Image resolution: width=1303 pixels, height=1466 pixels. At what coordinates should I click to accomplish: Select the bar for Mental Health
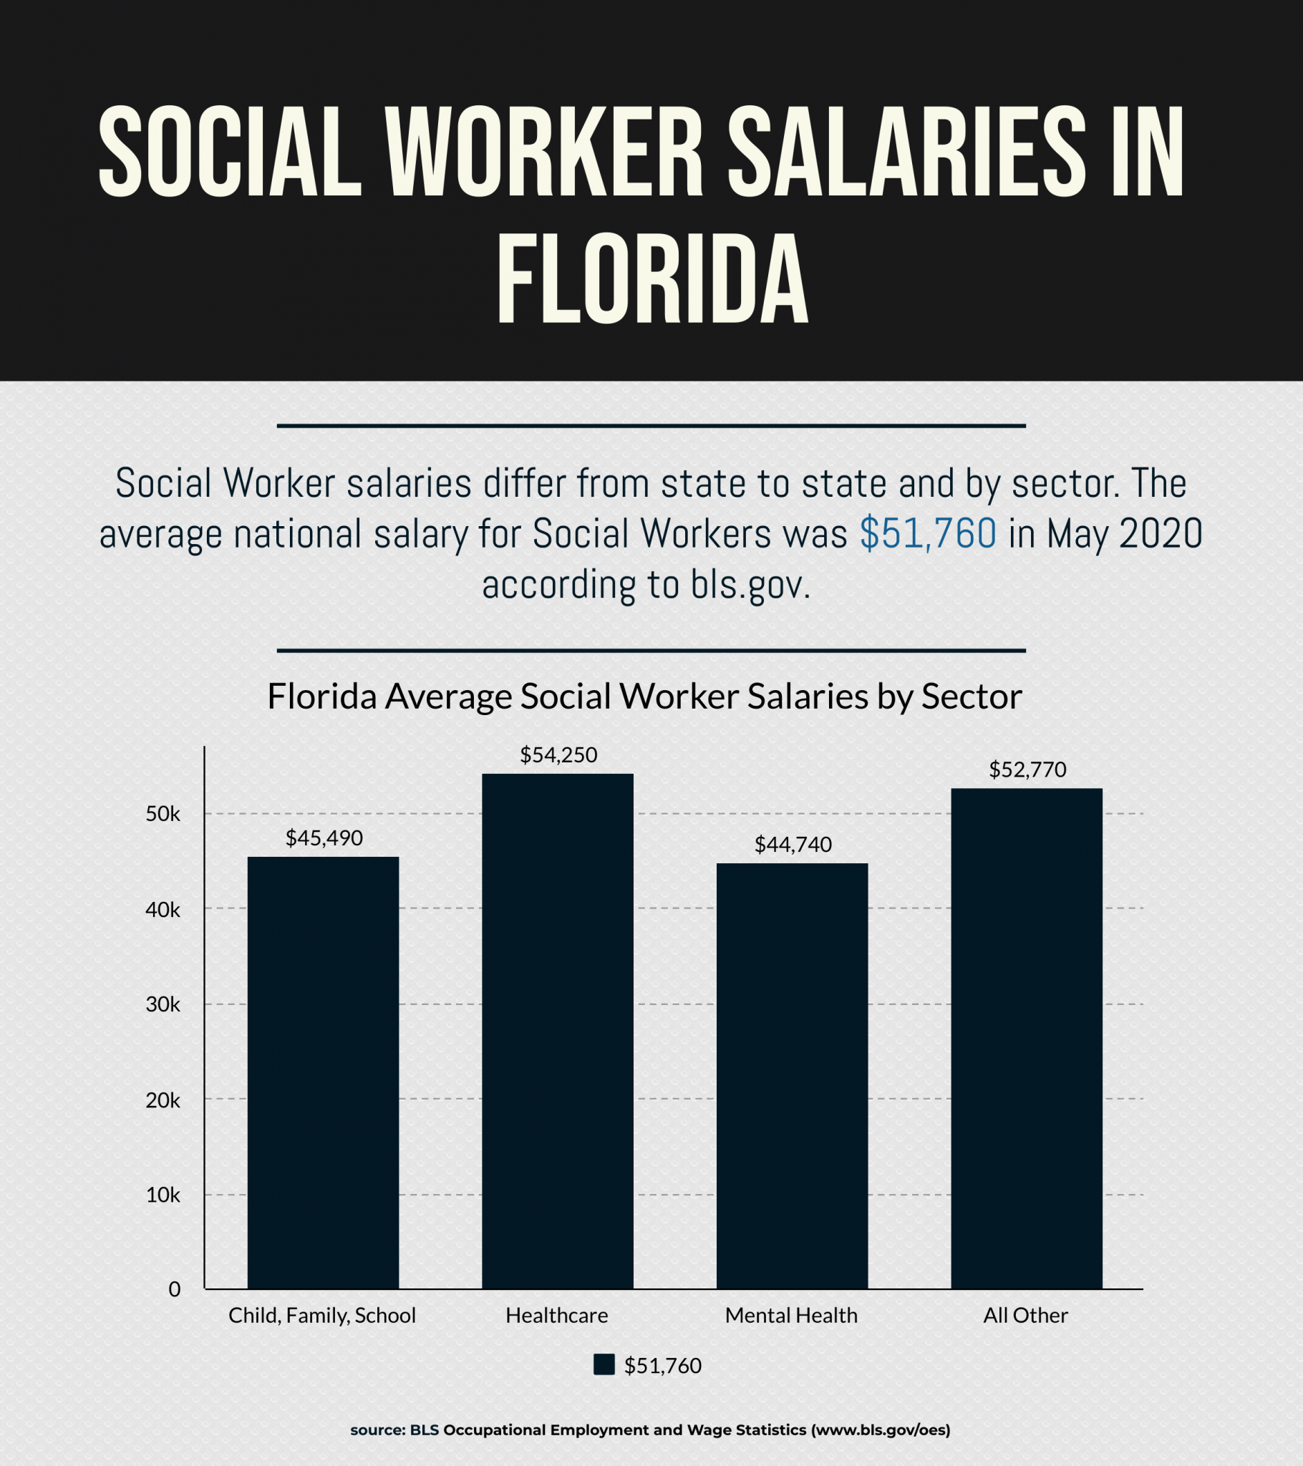pyautogui.click(x=792, y=1076)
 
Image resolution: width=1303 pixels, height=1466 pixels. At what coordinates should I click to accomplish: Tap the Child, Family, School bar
pyautogui.click(x=323, y=1072)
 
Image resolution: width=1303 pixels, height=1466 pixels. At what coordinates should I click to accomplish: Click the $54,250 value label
pyautogui.click(x=558, y=755)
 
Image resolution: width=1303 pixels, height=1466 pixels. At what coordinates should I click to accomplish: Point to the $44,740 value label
pyautogui.click(x=793, y=845)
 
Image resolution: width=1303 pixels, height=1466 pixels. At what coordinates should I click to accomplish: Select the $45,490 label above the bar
pyautogui.click(x=324, y=838)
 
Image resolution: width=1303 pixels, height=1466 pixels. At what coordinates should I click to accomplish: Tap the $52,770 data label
pyautogui.click(x=1027, y=770)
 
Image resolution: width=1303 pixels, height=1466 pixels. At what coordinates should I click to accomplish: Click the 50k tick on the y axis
pyautogui.click(x=163, y=814)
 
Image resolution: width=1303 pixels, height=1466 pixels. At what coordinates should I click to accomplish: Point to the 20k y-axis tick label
pyautogui.click(x=163, y=1100)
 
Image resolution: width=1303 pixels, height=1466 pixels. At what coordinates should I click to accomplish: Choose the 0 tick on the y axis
pyautogui.click(x=175, y=1290)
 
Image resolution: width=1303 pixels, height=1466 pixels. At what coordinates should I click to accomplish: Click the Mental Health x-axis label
pyautogui.click(x=791, y=1316)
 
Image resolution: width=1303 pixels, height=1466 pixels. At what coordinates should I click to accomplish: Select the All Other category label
pyautogui.click(x=1025, y=1316)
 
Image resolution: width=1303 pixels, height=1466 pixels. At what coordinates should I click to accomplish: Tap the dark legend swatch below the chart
pyautogui.click(x=604, y=1365)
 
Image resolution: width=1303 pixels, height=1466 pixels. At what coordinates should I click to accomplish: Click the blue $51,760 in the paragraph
pyautogui.click(x=928, y=533)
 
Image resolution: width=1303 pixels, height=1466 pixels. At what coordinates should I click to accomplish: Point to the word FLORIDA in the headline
pyautogui.click(x=652, y=280)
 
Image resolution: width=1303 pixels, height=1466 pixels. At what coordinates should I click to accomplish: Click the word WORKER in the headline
pyautogui.click(x=544, y=152)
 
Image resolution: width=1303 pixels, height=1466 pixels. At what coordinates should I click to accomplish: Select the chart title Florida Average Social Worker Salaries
pyautogui.click(x=644, y=696)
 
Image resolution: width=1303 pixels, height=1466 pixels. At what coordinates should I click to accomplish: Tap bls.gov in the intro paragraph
pyautogui.click(x=750, y=585)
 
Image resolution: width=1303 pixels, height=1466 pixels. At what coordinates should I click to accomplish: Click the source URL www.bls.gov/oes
pyautogui.click(x=881, y=1430)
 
